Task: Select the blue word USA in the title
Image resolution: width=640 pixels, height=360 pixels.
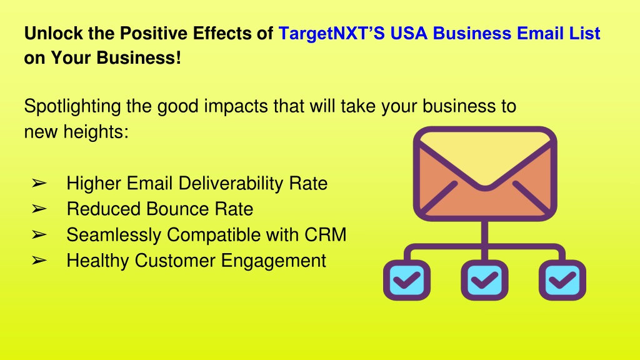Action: [409, 34]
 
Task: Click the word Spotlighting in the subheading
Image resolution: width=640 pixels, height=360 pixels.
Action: [72, 106]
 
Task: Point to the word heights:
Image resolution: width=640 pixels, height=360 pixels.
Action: [96, 132]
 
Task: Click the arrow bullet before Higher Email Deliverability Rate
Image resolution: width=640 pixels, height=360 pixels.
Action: [39, 184]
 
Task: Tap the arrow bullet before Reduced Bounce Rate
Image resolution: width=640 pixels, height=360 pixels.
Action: [39, 209]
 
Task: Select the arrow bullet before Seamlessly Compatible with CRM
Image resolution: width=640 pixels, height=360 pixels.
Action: [39, 235]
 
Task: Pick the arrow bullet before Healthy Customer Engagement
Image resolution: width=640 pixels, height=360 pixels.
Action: [39, 261]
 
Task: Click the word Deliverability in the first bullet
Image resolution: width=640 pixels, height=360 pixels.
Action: [231, 184]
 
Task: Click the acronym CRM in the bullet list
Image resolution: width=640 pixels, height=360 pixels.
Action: [325, 235]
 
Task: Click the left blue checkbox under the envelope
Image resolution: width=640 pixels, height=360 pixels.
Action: [406, 280]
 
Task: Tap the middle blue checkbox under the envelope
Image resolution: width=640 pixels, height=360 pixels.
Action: [484, 280]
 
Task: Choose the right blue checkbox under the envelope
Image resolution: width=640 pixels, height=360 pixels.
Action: [562, 280]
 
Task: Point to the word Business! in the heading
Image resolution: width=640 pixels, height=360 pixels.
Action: [139, 58]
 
